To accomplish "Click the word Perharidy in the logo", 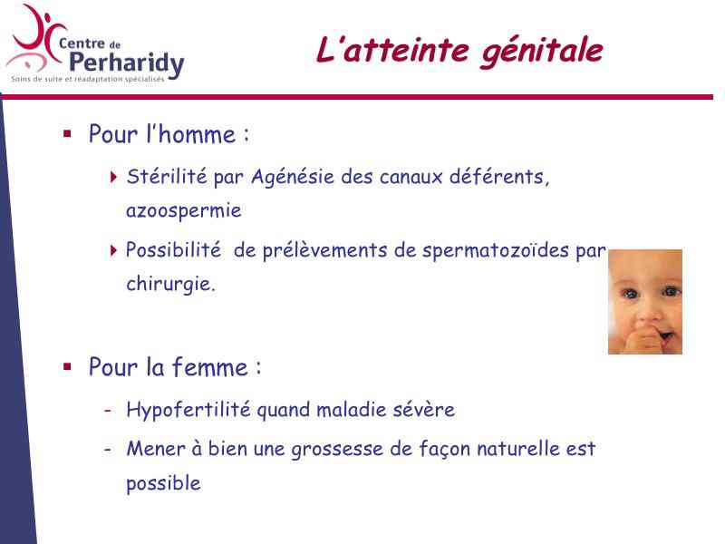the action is [x=127, y=63].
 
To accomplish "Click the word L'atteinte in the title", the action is [x=392, y=50].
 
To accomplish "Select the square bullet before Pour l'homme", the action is [x=67, y=134].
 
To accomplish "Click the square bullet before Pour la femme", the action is [x=67, y=367].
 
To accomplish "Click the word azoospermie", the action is [x=184, y=211].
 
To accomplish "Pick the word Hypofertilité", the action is [x=188, y=411].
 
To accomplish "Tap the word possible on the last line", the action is [x=163, y=484].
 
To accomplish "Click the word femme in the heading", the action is [x=210, y=367].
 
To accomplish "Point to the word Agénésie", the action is [x=292, y=177].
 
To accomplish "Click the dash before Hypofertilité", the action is [x=108, y=411].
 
